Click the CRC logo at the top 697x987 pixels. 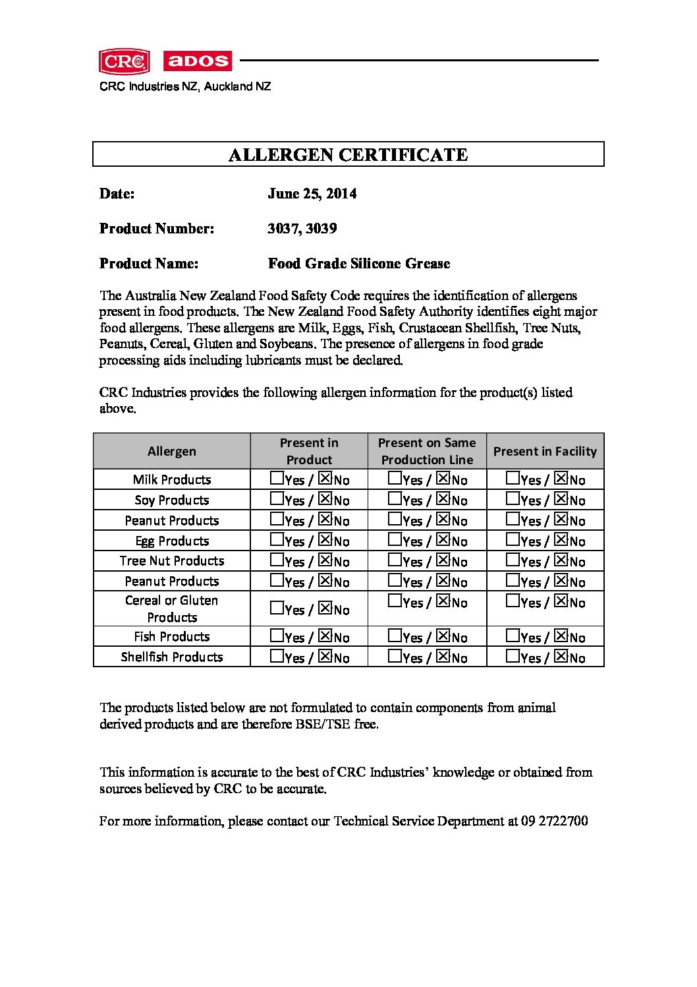click(124, 61)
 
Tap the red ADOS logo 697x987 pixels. click(197, 61)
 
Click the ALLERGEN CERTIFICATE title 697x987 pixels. click(348, 155)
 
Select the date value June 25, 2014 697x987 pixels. click(312, 194)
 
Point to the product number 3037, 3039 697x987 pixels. click(302, 229)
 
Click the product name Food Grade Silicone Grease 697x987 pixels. click(359, 264)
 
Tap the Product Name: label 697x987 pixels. click(149, 264)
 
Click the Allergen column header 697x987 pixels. click(171, 452)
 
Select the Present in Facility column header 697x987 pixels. click(545, 452)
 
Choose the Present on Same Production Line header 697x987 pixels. click(427, 452)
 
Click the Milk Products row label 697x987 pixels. click(171, 480)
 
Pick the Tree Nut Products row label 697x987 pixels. click(171, 561)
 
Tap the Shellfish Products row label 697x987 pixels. click(171, 657)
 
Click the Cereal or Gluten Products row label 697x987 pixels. click(171, 609)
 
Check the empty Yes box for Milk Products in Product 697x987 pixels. click(277, 478)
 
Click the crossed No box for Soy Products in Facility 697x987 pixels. click(561, 498)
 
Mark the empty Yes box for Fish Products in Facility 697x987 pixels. click(513, 636)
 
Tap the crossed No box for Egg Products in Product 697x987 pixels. click(325, 539)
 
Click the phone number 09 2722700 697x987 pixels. click(554, 822)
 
